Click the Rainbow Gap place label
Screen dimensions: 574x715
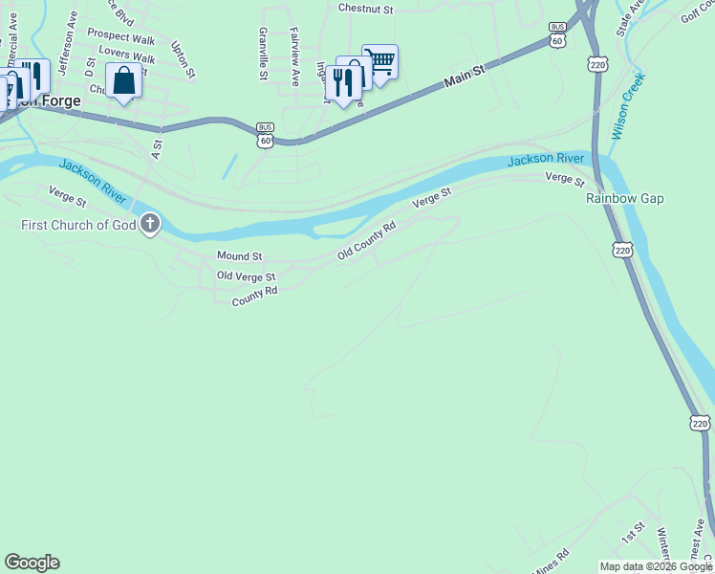click(x=624, y=198)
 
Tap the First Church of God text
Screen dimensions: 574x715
click(x=79, y=226)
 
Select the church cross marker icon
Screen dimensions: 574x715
click(x=150, y=225)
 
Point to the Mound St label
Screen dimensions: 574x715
click(x=239, y=255)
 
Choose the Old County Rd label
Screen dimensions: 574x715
click(x=366, y=241)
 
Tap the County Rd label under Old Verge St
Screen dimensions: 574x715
click(x=254, y=297)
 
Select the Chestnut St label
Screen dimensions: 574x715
click(x=366, y=9)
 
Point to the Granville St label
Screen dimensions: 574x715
click(x=262, y=54)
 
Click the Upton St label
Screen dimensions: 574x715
click(x=183, y=59)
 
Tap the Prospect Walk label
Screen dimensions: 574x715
click(x=120, y=36)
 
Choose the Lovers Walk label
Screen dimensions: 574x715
click(x=126, y=55)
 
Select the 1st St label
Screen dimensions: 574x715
click(x=634, y=532)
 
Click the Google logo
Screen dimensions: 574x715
click(x=32, y=563)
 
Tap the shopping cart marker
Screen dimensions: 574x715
click(x=379, y=62)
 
